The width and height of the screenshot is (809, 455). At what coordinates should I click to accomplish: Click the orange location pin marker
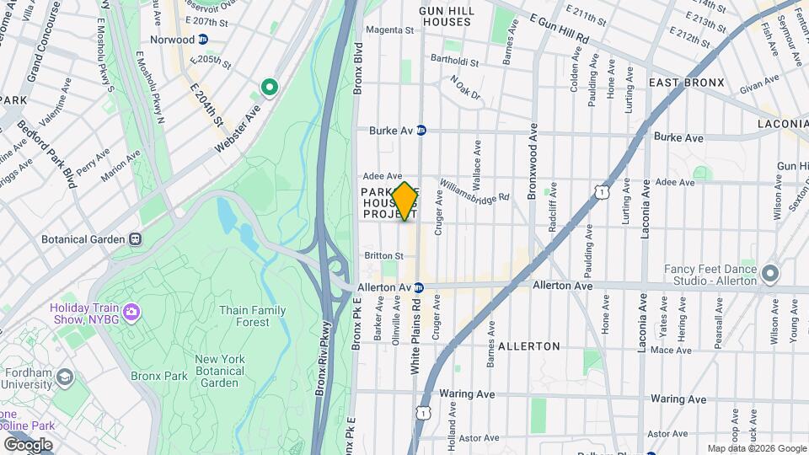[x=404, y=201]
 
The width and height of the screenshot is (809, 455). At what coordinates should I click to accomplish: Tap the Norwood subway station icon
[x=203, y=40]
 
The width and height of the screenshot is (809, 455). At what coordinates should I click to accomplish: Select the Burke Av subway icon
[x=421, y=131]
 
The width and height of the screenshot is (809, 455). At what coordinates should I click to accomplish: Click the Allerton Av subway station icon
[x=418, y=287]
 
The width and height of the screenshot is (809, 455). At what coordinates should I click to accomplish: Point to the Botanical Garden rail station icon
[x=136, y=239]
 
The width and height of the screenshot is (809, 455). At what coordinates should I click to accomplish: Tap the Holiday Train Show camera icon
[x=131, y=313]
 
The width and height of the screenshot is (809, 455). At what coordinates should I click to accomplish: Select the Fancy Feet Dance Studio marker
[x=770, y=275]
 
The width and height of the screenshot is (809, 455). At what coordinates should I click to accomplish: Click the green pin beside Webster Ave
[x=270, y=86]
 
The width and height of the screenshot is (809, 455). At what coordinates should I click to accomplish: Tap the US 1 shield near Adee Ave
[x=601, y=193]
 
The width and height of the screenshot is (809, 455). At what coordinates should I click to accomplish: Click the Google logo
[x=28, y=444]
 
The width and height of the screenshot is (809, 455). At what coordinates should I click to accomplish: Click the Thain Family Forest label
[x=252, y=316]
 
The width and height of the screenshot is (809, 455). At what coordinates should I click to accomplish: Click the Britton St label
[x=383, y=255]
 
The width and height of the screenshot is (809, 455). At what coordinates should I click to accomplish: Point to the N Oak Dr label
[x=464, y=88]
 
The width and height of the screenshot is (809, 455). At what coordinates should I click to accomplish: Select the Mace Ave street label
[x=671, y=350]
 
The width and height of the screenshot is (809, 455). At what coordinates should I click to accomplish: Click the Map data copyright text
[x=755, y=448]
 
